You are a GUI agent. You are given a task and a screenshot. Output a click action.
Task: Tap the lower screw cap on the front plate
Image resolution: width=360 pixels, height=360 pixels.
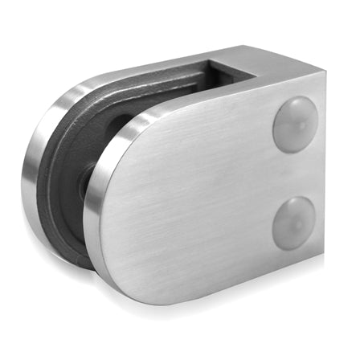(295, 221)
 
